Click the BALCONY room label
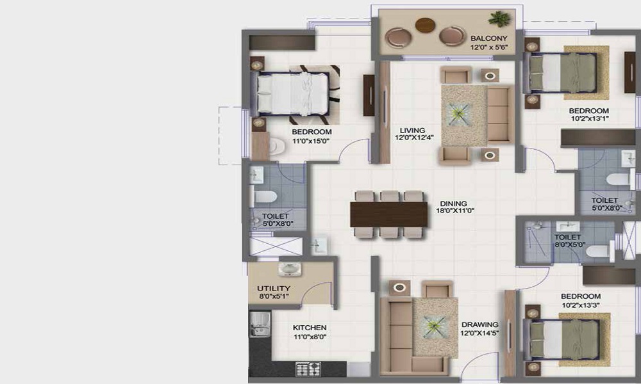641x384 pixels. coord(488,38)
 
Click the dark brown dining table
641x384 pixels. coord(388,213)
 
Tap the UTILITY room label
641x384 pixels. coord(274,289)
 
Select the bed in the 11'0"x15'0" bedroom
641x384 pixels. coord(294,93)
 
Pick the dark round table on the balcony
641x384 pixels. coord(425,25)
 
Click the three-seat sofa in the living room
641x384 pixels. coord(498,116)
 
